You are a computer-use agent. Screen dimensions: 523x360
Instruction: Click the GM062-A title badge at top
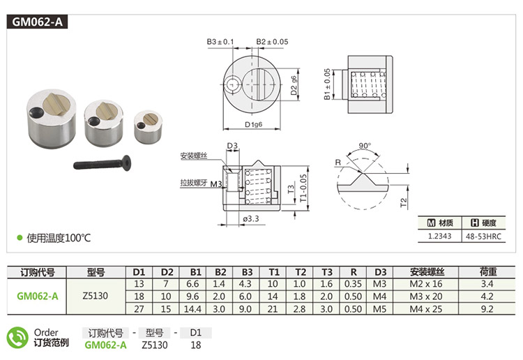click(x=37, y=22)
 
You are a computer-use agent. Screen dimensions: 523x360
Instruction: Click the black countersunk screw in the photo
click(x=102, y=163)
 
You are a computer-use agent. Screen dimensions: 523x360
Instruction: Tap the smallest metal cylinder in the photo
click(x=148, y=127)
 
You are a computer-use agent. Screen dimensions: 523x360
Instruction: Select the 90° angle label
click(x=365, y=146)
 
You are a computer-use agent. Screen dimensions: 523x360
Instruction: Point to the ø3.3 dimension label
click(x=251, y=219)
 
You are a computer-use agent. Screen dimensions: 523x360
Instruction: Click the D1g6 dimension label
click(x=254, y=124)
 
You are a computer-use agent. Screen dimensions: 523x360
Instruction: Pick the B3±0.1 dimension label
click(x=220, y=42)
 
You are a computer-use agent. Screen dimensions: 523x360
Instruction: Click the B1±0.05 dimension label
click(x=327, y=84)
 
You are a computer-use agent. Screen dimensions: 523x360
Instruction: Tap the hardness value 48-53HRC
click(x=483, y=237)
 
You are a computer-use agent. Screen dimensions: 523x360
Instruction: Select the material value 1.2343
click(x=439, y=237)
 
